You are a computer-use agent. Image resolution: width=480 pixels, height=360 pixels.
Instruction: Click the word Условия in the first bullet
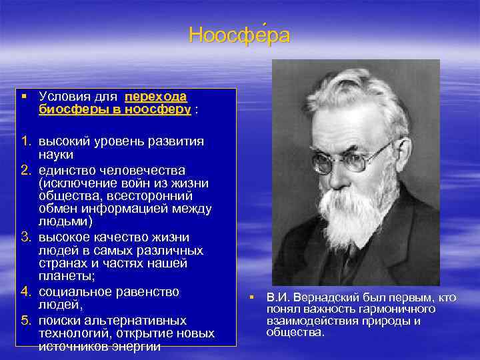coord(63,97)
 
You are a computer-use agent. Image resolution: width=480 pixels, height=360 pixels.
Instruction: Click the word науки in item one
coord(57,155)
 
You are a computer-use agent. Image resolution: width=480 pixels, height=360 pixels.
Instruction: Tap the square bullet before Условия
coord(23,97)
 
